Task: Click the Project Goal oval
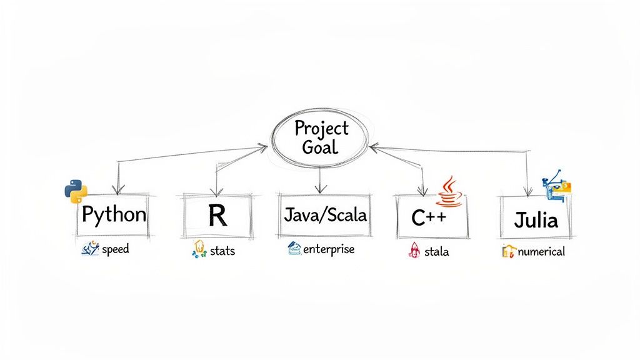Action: tap(320, 137)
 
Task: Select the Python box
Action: tap(113, 216)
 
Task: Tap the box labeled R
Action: tap(217, 216)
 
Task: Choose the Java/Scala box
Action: tap(324, 215)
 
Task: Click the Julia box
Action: tap(536, 219)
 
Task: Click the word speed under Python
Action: tap(115, 249)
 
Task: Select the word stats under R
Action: tap(222, 251)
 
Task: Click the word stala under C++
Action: tap(436, 252)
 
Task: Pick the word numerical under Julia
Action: tap(541, 252)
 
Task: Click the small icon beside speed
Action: tap(91, 250)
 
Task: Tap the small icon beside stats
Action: tap(198, 249)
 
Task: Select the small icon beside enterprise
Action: tap(294, 249)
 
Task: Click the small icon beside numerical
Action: tap(509, 252)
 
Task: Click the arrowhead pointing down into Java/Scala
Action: tap(320, 189)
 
